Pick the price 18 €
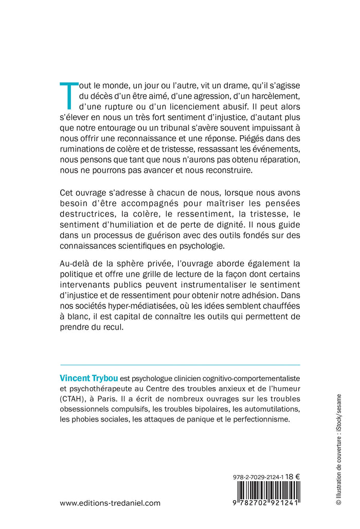click(x=293, y=476)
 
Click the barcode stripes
click(x=266, y=492)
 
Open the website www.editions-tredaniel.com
click(x=110, y=503)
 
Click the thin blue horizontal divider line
click(x=180, y=365)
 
